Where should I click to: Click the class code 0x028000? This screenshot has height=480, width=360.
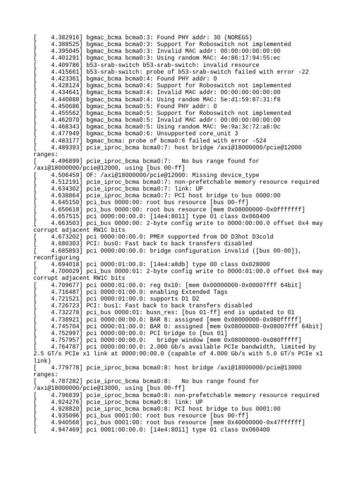254,264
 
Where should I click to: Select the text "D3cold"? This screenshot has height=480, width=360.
262,237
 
